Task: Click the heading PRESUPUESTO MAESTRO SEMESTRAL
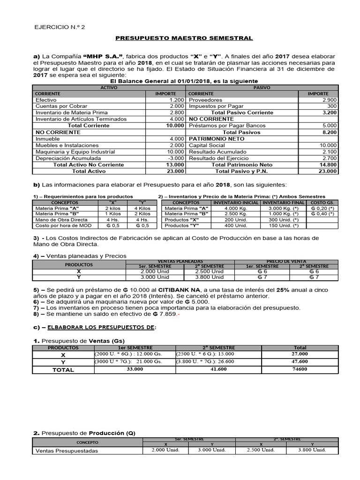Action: (x=184, y=38)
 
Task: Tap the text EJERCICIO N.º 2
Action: (x=60, y=27)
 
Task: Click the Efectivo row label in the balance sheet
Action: (x=46, y=100)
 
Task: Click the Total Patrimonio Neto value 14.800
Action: (x=326, y=165)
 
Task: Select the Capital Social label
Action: (x=208, y=145)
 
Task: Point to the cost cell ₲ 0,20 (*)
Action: (x=321, y=208)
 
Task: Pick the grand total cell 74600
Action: (x=300, y=369)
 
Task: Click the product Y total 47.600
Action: (x=300, y=362)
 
